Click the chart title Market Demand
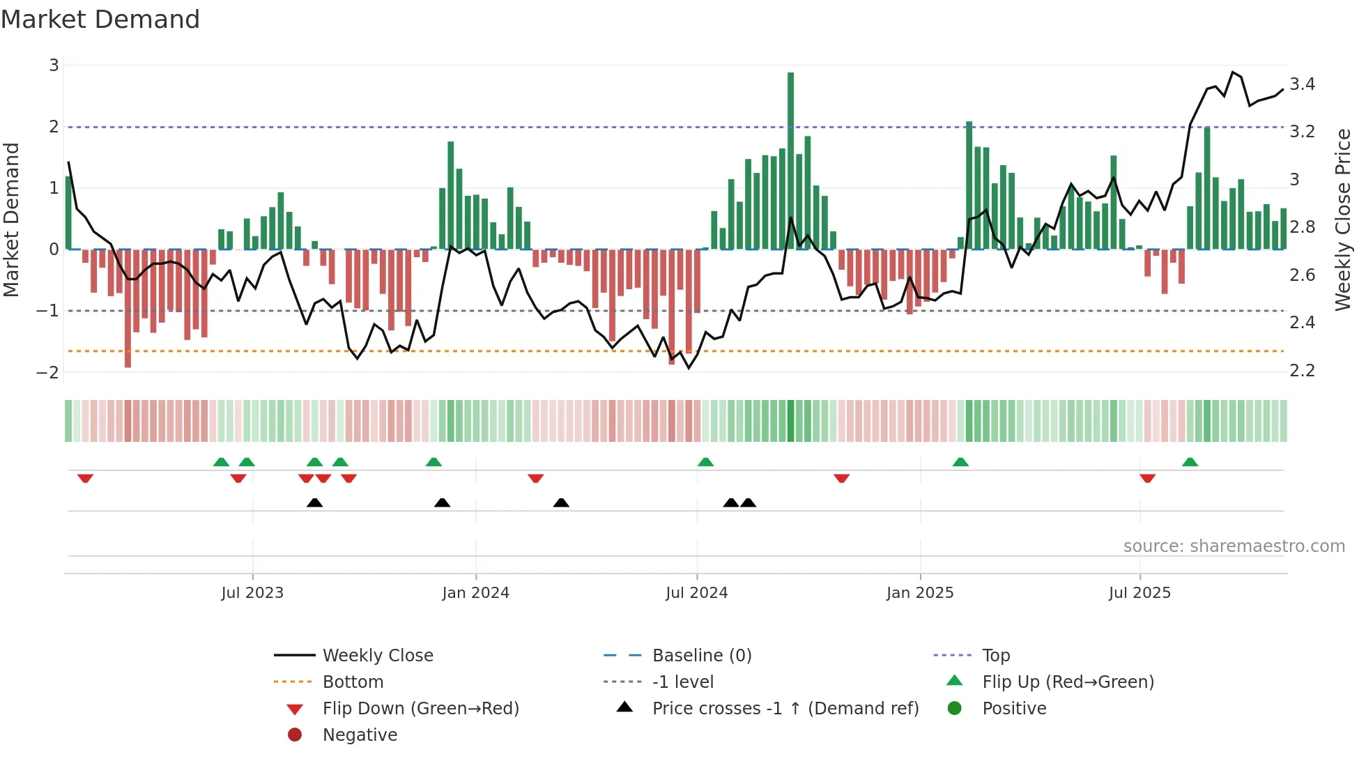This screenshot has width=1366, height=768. click(x=100, y=20)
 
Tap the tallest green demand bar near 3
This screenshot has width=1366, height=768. click(x=790, y=160)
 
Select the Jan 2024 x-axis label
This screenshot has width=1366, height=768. click(x=475, y=593)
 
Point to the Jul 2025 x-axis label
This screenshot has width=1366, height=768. click(x=1139, y=593)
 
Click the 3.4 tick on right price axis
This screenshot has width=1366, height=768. click(x=1302, y=84)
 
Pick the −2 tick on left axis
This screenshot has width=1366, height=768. click(x=48, y=372)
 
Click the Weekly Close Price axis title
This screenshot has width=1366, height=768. click(x=1342, y=220)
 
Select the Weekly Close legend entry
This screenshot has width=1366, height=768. click(x=377, y=656)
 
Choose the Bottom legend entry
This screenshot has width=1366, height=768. click(x=353, y=682)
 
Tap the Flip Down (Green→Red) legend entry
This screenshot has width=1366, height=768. click(x=420, y=709)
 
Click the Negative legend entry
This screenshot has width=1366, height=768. click(x=360, y=735)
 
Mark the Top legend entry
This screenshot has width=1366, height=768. click(x=995, y=656)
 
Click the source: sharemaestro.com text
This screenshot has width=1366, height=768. click(x=1234, y=546)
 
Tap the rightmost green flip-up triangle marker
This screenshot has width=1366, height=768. click(x=1190, y=462)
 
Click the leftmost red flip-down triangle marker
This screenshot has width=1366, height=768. click(x=85, y=478)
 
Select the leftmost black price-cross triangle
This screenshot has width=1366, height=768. click(x=314, y=502)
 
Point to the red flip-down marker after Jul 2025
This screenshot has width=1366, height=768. click(x=1147, y=478)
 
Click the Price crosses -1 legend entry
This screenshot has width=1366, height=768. click(x=785, y=709)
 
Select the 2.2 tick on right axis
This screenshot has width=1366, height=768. click(x=1302, y=371)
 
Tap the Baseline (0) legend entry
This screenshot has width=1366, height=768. click(x=701, y=656)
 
